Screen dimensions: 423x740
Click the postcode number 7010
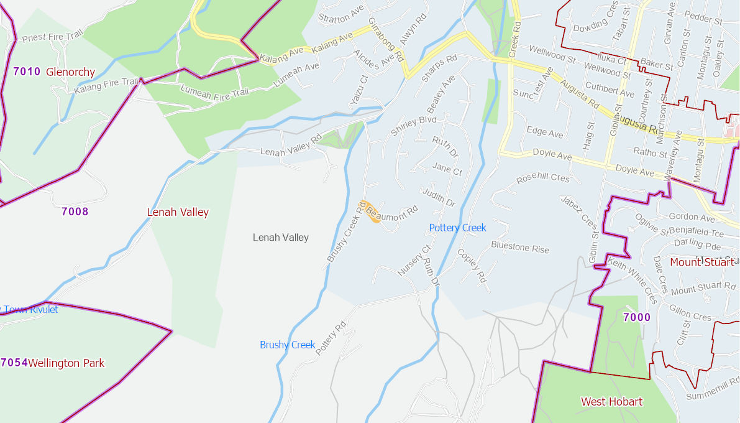click(27, 72)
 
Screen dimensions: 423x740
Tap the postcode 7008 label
click(75, 211)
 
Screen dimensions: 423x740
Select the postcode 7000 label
click(636, 318)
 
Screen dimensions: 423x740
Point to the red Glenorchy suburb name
click(70, 72)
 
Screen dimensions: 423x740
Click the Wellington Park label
click(66, 363)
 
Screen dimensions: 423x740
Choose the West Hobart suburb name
click(611, 402)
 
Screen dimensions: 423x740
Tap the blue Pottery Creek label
click(457, 228)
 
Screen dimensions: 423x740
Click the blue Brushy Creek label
click(287, 345)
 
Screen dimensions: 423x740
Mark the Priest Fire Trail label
click(52, 37)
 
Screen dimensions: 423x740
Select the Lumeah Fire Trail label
click(214, 92)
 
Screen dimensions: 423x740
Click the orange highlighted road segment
click(372, 211)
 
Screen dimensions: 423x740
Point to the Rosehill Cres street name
click(542, 179)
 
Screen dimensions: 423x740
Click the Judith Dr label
click(439, 197)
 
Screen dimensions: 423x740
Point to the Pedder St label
click(704, 19)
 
